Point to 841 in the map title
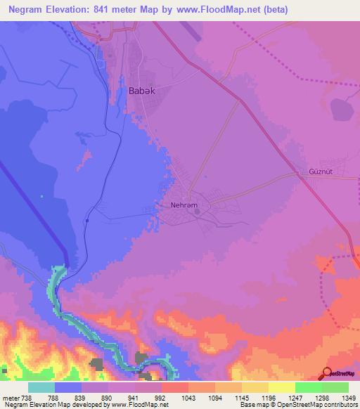pos(103,9)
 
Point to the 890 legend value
pos(105,397)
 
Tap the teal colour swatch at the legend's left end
pos(41,387)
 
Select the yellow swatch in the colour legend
pos(281,387)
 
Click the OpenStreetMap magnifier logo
pos(328,372)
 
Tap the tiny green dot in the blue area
pos(41,196)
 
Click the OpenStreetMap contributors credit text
pos(316,405)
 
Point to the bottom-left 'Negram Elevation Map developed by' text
pos(52,405)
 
